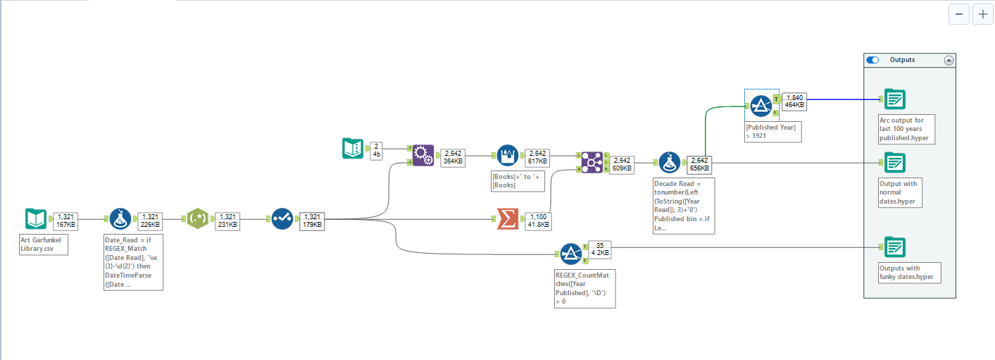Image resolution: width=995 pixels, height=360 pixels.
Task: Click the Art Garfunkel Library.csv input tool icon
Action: coord(35,218)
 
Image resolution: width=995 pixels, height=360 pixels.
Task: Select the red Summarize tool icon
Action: coord(508,218)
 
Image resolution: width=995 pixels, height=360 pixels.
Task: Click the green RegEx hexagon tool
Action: coord(198,218)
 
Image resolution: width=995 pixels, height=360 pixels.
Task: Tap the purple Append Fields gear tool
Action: coord(423,155)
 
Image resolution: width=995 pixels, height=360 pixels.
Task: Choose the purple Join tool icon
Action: coord(592,162)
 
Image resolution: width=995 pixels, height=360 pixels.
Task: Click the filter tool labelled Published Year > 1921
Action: coord(761,106)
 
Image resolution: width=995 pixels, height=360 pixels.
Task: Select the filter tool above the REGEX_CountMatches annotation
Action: coord(571,254)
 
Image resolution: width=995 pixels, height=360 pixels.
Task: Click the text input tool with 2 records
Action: coord(353,148)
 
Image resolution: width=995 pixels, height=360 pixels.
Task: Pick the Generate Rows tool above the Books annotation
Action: coord(508,155)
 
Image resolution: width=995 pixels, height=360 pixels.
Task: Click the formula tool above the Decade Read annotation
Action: coord(670,162)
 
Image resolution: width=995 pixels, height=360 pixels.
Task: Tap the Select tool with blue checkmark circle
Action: coord(282,218)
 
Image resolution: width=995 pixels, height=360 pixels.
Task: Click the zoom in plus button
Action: coord(982,14)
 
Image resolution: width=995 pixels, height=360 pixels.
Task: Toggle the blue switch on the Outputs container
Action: coord(872,60)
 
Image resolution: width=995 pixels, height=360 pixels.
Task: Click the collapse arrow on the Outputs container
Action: coord(949,61)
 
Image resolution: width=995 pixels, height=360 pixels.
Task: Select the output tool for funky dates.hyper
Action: coord(895,247)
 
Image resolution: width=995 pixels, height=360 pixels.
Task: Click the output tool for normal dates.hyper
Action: coord(895,162)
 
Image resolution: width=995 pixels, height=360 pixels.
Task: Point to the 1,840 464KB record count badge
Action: coord(794,101)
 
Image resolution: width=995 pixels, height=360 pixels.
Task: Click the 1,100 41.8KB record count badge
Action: coord(539,221)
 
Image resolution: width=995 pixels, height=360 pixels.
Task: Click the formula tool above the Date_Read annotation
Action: coord(120,218)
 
